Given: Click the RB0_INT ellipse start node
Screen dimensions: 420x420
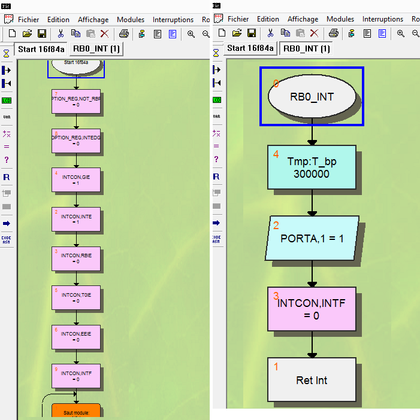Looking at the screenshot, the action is click(312, 96).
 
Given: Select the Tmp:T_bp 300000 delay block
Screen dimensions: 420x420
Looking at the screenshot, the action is click(312, 168).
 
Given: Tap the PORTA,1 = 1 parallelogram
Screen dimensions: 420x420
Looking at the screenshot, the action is click(312, 238).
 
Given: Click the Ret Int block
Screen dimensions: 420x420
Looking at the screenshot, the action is click(312, 379).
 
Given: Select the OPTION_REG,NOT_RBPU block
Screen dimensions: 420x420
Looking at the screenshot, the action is click(76, 101).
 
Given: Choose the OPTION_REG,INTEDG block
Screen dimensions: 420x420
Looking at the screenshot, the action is click(76, 140).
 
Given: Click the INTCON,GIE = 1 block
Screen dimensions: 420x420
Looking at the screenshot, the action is click(76, 179).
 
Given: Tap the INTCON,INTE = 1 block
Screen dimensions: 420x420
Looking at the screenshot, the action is click(76, 218).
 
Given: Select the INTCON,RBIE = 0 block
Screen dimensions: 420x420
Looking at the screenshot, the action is click(76, 258).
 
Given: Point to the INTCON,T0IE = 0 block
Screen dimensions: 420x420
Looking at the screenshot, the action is click(76, 297).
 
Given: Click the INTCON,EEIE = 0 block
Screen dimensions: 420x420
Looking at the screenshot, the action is click(76, 336).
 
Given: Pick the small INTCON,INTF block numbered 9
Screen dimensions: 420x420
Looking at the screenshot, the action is click(76, 376).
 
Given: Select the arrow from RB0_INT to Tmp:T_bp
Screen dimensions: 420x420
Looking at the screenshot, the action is click(312, 135).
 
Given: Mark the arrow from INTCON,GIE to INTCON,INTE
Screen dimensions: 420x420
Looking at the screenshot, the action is click(76, 199).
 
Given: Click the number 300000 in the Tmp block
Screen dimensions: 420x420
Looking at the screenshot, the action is click(312, 174).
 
